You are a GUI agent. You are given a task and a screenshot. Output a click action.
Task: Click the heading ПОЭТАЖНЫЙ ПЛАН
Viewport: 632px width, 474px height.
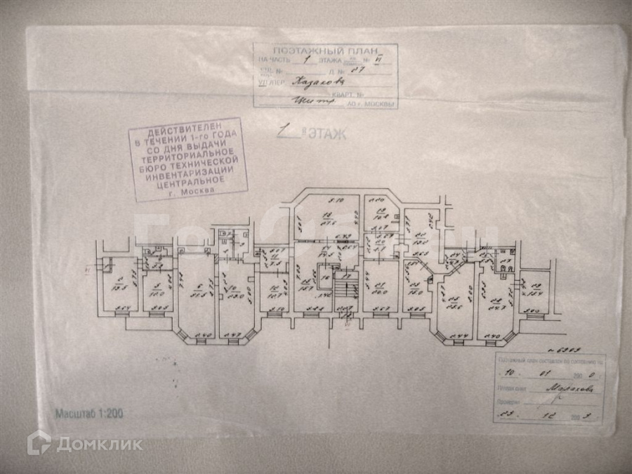[x=326, y=52]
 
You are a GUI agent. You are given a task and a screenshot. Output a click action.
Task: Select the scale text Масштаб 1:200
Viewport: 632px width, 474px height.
[x=89, y=414]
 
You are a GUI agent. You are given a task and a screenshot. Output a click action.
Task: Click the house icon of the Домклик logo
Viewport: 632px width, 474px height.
[x=39, y=442]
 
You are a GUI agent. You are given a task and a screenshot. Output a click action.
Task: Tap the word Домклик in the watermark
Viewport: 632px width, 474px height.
[x=99, y=444]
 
